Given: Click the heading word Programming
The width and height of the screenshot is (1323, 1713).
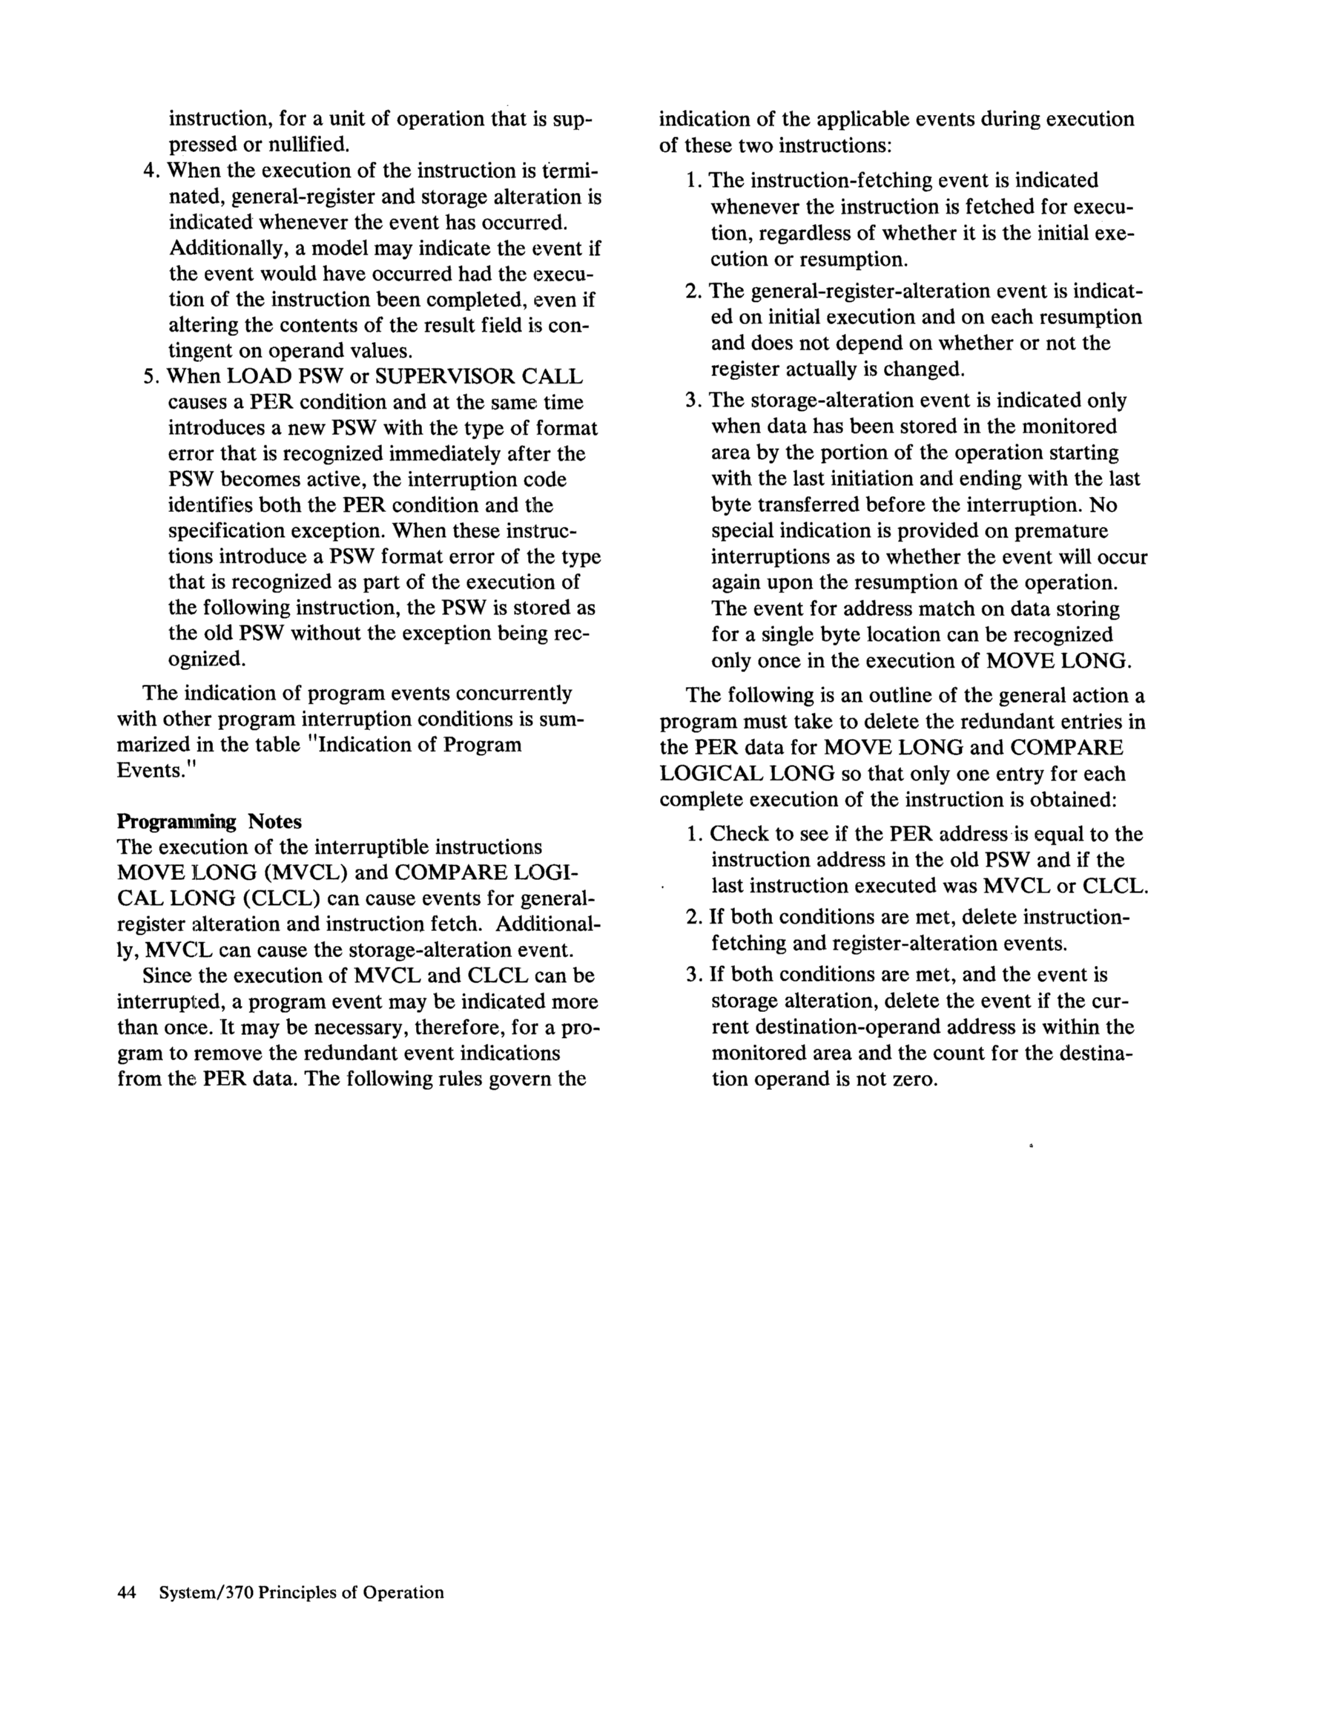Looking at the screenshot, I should [x=176, y=822].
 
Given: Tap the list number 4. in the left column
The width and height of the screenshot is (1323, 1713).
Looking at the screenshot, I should [x=152, y=171].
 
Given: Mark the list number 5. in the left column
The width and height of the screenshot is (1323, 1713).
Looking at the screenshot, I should [x=152, y=376].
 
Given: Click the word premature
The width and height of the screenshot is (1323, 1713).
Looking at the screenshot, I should [x=1061, y=531].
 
